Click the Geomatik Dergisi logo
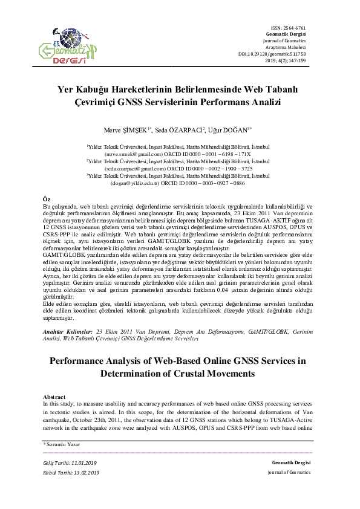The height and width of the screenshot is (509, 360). [64, 49]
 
